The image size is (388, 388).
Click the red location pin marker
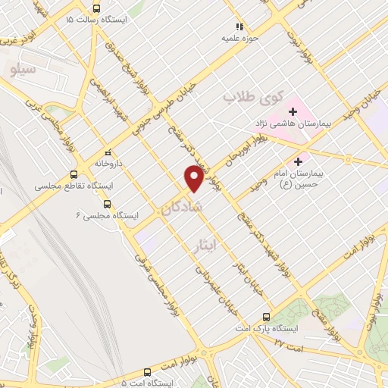click(x=195, y=177)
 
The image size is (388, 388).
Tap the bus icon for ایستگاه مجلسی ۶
click(x=107, y=204)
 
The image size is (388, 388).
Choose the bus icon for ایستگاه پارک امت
click(x=265, y=317)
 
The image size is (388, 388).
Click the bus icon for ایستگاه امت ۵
click(x=147, y=372)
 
